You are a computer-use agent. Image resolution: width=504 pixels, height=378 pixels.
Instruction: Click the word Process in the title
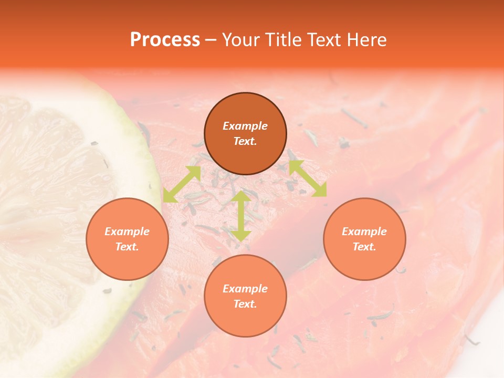click(165, 40)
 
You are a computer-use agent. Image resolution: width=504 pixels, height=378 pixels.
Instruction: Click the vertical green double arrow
click(240, 216)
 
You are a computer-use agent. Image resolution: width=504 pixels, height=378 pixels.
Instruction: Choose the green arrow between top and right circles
click(308, 178)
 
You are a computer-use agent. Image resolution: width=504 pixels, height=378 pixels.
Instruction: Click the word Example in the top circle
click(245, 126)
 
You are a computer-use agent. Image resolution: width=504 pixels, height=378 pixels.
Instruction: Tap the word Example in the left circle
click(127, 232)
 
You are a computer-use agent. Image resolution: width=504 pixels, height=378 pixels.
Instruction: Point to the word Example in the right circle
click(364, 232)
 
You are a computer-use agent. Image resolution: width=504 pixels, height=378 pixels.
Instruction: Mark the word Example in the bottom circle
click(245, 289)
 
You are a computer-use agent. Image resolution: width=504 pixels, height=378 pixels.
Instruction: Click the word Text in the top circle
click(245, 141)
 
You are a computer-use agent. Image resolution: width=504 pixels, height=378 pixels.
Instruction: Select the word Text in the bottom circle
click(245, 304)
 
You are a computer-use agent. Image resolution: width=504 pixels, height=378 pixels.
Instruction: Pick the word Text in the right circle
click(364, 247)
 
